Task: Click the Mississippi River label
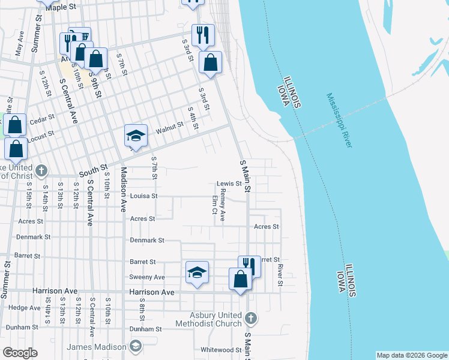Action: pyautogui.click(x=340, y=120)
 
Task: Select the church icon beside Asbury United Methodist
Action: pyautogui.click(x=251, y=317)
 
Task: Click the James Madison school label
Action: pyautogui.click(x=96, y=347)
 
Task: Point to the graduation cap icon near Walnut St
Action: pyautogui.click(x=136, y=135)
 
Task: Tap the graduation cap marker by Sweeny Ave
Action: pyautogui.click(x=197, y=272)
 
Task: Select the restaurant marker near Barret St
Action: pyautogui.click(x=249, y=266)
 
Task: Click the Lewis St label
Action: pyautogui.click(x=229, y=184)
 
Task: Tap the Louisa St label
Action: pyautogui.click(x=143, y=196)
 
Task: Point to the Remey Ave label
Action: pyautogui.click(x=222, y=206)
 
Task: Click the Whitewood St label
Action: pyautogui.click(x=221, y=350)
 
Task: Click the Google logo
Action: pyautogui.click(x=20, y=353)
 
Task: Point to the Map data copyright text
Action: pyautogui.click(x=411, y=355)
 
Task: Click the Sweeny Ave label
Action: pyautogui.click(x=147, y=277)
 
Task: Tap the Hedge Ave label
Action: pyautogui.click(x=25, y=307)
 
